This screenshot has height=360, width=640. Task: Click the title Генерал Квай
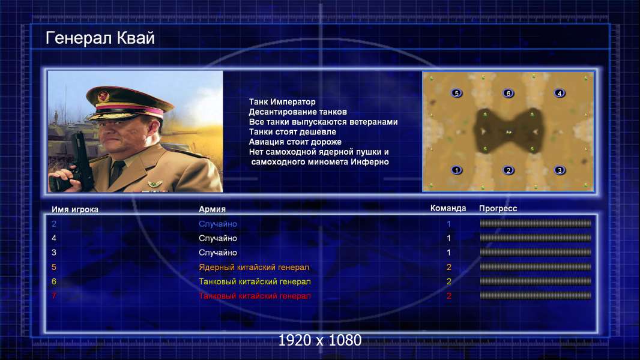pos(100,38)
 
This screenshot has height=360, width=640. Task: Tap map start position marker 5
pos(457,93)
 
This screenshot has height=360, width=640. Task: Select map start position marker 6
pos(508,93)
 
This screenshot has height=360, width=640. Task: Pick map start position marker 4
pos(560,93)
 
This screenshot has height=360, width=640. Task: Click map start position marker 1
pos(457,170)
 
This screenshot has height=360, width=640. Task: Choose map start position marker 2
pos(508,170)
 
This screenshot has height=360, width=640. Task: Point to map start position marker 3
pos(560,170)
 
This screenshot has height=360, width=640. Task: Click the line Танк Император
pos(282,101)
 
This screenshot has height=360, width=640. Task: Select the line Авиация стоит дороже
pos(295,142)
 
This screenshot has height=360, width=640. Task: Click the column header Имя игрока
pos(74,209)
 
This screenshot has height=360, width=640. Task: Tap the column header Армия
pos(212,209)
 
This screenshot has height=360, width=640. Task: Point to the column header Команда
pos(448,208)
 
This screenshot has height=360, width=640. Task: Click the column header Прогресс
pos(498,208)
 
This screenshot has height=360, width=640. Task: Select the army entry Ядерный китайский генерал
pos(254,267)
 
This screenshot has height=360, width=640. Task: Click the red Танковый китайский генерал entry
pos(255,296)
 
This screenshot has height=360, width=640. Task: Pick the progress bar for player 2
pos(535,223)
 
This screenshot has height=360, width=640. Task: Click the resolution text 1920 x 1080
pos(319,340)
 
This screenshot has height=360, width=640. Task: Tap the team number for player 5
pos(448,267)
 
